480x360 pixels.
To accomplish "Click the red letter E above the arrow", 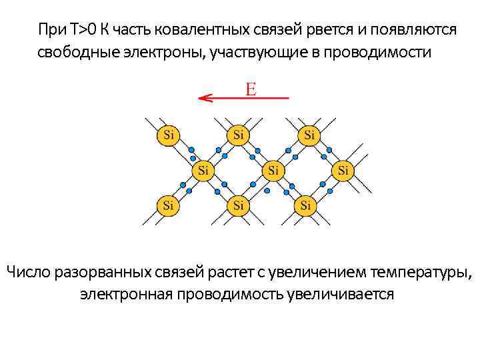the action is click(251, 89).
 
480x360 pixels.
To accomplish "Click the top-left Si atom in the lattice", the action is click(168, 135).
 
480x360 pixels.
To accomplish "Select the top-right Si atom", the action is click(309, 135).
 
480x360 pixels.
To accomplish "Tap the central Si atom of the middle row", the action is click(273, 171).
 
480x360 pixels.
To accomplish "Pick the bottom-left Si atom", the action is click(168, 205).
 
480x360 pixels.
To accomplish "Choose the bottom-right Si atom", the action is click(305, 205).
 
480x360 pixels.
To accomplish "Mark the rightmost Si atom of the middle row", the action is click(343, 171).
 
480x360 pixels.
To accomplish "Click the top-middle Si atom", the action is click(239, 135).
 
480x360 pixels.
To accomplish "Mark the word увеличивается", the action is click(341, 294).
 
